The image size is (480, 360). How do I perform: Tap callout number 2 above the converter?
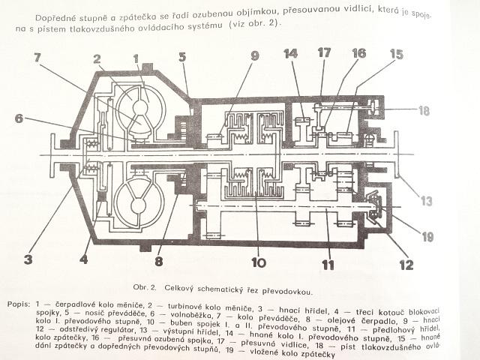pyautogui.click(x=97, y=58)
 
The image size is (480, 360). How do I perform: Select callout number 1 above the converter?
pyautogui.click(x=136, y=58)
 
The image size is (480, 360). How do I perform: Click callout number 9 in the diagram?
pyautogui.click(x=254, y=55)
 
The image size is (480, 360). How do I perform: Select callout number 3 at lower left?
pyautogui.click(x=28, y=260)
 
